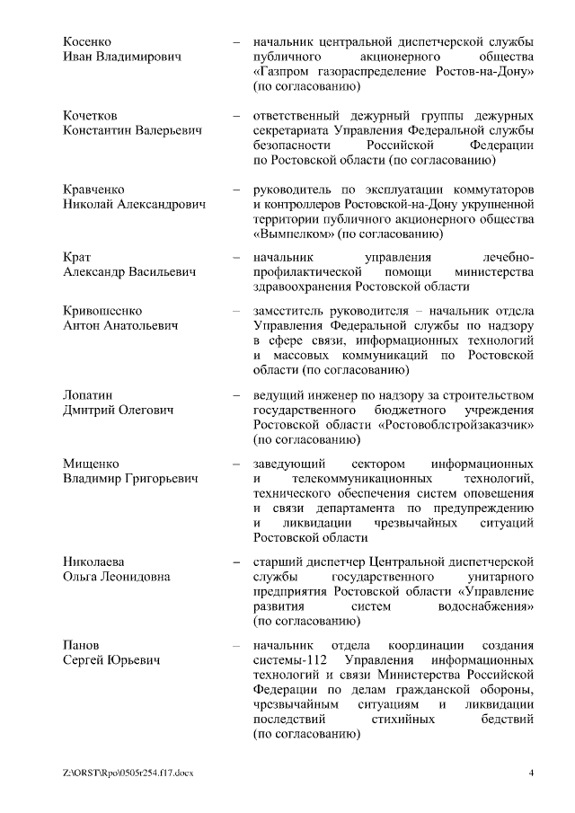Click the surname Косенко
point(89,41)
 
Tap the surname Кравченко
point(95,190)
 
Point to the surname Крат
point(77,256)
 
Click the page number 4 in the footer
point(532,773)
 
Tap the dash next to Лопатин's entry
point(235,394)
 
